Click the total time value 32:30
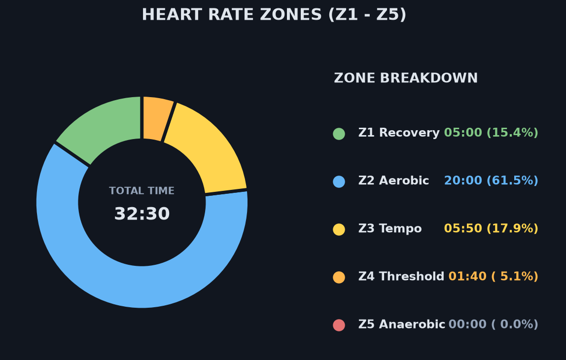(142, 214)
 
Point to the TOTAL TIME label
(142, 191)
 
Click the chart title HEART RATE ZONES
(274, 15)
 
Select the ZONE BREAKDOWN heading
(406, 78)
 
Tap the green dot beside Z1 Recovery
(339, 134)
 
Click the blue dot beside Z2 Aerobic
(339, 181)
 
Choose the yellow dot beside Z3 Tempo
(339, 229)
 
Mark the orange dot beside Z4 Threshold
(339, 277)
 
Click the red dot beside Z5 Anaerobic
(339, 325)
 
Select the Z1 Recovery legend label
(399, 133)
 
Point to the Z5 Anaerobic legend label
(402, 324)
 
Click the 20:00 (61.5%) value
(491, 180)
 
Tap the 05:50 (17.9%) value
(491, 228)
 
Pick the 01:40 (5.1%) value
(493, 277)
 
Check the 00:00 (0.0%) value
(493, 324)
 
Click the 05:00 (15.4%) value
(491, 133)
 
